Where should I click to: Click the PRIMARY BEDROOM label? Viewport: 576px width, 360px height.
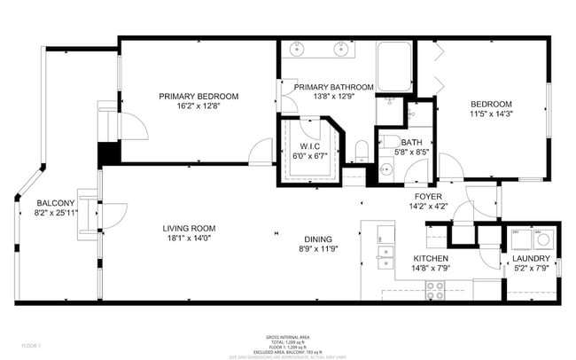(x=199, y=96)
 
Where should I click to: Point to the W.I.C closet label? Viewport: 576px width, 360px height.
(x=309, y=146)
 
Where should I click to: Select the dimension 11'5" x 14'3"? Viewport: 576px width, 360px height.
(x=492, y=113)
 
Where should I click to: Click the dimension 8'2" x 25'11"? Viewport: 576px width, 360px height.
(x=55, y=213)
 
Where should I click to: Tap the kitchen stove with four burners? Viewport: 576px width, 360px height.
(x=435, y=286)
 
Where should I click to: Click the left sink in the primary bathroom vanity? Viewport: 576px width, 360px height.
(x=295, y=48)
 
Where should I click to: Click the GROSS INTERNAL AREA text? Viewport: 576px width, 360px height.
(x=288, y=337)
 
